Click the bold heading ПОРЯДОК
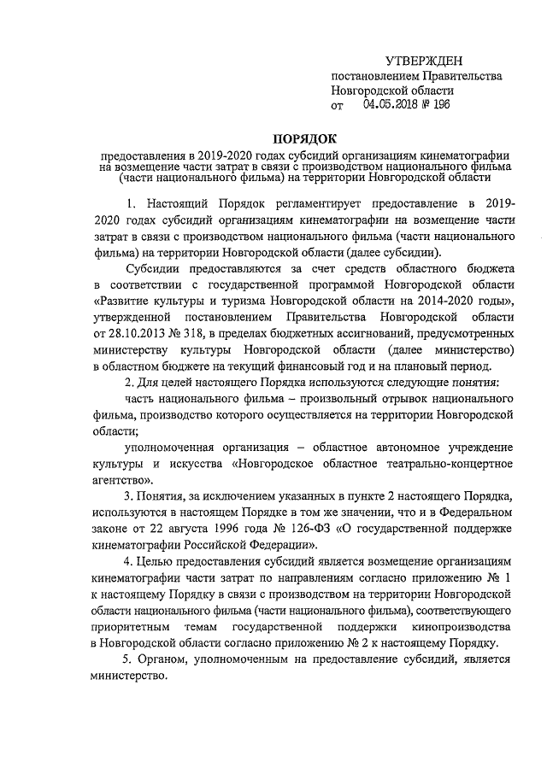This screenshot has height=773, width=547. click(305, 138)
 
